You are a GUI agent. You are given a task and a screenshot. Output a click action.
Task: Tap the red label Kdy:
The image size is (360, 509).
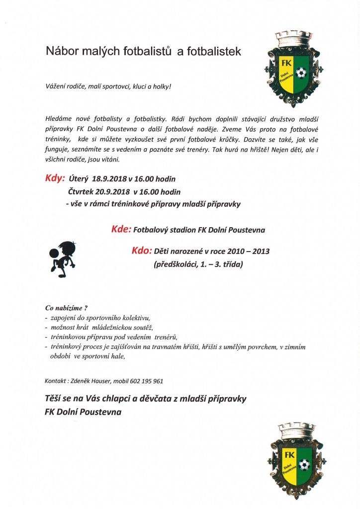pyautogui.click(x=55, y=178)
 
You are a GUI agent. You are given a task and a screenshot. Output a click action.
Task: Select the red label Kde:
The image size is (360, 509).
pyautogui.click(x=121, y=230)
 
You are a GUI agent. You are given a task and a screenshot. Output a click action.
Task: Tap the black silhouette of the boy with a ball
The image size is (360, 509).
pyautogui.click(x=62, y=258)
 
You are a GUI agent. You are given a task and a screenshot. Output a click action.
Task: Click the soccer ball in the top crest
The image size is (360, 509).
pyautogui.click(x=301, y=74)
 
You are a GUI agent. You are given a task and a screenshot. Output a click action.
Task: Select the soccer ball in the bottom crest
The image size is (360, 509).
pyautogui.click(x=304, y=465)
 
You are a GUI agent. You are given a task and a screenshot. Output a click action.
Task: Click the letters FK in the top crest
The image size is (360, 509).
pyautogui.click(x=287, y=64)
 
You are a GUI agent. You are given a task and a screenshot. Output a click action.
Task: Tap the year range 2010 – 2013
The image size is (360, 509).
pyautogui.click(x=250, y=252)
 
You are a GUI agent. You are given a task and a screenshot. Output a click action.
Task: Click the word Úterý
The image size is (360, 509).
pyautogui.click(x=79, y=179)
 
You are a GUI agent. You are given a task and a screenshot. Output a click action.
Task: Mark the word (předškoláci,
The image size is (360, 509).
pyautogui.click(x=178, y=265)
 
